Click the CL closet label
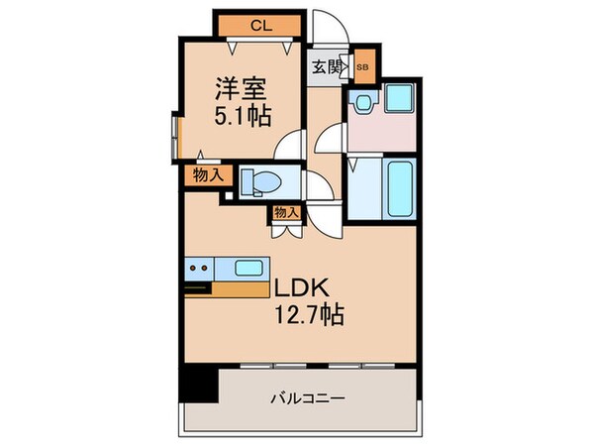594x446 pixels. pyautogui.click(x=261, y=26)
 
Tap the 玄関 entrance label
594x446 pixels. pyautogui.click(x=326, y=67)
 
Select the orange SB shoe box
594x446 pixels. pyautogui.click(x=364, y=66)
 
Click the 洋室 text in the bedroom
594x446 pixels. pyautogui.click(x=242, y=89)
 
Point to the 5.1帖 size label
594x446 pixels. pyautogui.click(x=243, y=116)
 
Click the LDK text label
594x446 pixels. pyautogui.click(x=301, y=288)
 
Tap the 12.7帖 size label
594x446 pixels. pyautogui.click(x=309, y=314)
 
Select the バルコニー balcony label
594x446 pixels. pyautogui.click(x=308, y=398)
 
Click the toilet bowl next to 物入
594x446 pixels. pyautogui.click(x=262, y=181)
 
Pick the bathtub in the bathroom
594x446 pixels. pyautogui.click(x=400, y=188)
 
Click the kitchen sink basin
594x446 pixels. pyautogui.click(x=248, y=269)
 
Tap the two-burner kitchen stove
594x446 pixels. pyautogui.click(x=199, y=269)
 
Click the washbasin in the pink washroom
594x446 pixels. pyautogui.click(x=363, y=102)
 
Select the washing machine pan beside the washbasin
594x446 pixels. pyautogui.click(x=399, y=97)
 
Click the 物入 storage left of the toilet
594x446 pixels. pyautogui.click(x=208, y=175)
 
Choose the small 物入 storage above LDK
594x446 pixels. pyautogui.click(x=287, y=212)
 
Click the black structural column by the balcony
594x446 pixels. pyautogui.click(x=199, y=383)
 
